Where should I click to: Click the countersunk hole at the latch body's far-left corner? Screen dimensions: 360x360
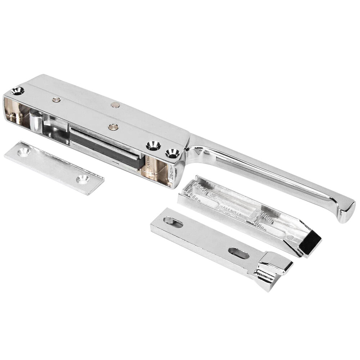click(17, 91)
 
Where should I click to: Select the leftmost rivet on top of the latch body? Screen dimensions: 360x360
click(55, 100)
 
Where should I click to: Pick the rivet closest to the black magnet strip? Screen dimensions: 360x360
click(113, 126)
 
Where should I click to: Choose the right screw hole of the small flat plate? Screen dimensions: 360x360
click(83, 179)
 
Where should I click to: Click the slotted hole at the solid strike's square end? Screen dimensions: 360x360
click(173, 222)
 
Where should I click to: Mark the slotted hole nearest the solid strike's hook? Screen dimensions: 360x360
click(238, 253)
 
